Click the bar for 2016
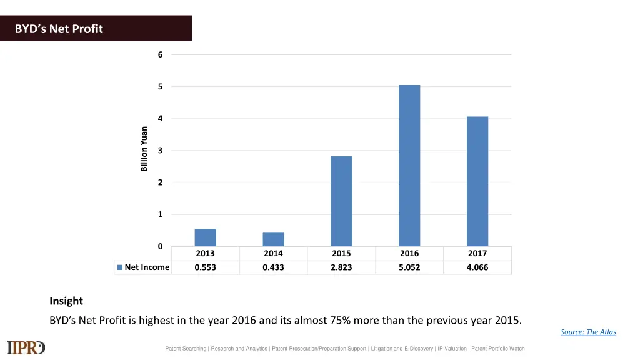click(409, 166)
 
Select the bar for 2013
click(205, 237)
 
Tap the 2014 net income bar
click(273, 239)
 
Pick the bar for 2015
click(341, 201)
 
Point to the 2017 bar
click(477, 181)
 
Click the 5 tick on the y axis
click(160, 87)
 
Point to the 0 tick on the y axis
click(160, 246)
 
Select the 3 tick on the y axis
click(160, 151)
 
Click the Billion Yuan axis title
click(144, 149)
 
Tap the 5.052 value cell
click(409, 267)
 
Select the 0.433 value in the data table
click(273, 267)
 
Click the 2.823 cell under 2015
click(341, 267)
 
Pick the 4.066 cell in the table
click(477, 267)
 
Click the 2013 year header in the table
click(205, 254)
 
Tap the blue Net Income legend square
click(120, 267)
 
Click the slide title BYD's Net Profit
click(59, 29)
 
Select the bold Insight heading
click(66, 301)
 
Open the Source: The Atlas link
click(588, 332)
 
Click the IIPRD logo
click(26, 347)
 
